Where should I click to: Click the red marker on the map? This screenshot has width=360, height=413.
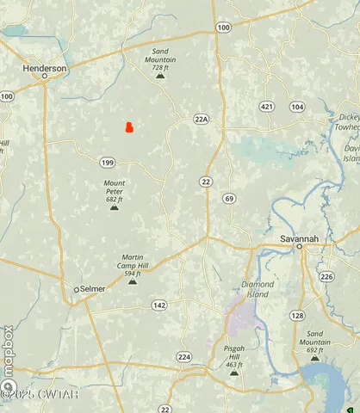(x=128, y=128)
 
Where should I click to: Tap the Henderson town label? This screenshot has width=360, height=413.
(x=44, y=68)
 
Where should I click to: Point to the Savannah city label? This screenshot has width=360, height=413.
(x=299, y=237)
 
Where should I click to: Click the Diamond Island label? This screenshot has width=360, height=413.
(x=258, y=288)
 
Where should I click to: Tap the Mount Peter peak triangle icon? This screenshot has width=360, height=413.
(x=114, y=207)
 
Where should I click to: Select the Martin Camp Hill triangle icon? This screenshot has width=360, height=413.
(x=132, y=281)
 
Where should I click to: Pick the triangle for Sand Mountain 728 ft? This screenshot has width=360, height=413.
(x=159, y=76)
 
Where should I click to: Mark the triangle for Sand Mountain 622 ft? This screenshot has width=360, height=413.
(x=314, y=359)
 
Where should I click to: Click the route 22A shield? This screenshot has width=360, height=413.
(x=202, y=120)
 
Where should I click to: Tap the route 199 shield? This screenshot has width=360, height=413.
(x=107, y=163)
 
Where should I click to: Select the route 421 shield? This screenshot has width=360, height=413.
(x=268, y=106)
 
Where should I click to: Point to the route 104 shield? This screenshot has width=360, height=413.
(x=297, y=106)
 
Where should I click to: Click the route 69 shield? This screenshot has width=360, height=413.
(x=228, y=199)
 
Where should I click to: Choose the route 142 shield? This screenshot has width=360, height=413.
(x=159, y=305)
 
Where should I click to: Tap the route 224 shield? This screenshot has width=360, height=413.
(x=183, y=356)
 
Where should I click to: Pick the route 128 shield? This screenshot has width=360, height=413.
(x=297, y=316)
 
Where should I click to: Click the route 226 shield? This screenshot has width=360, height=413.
(x=326, y=276)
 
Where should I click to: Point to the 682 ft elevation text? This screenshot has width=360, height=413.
(x=115, y=199)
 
